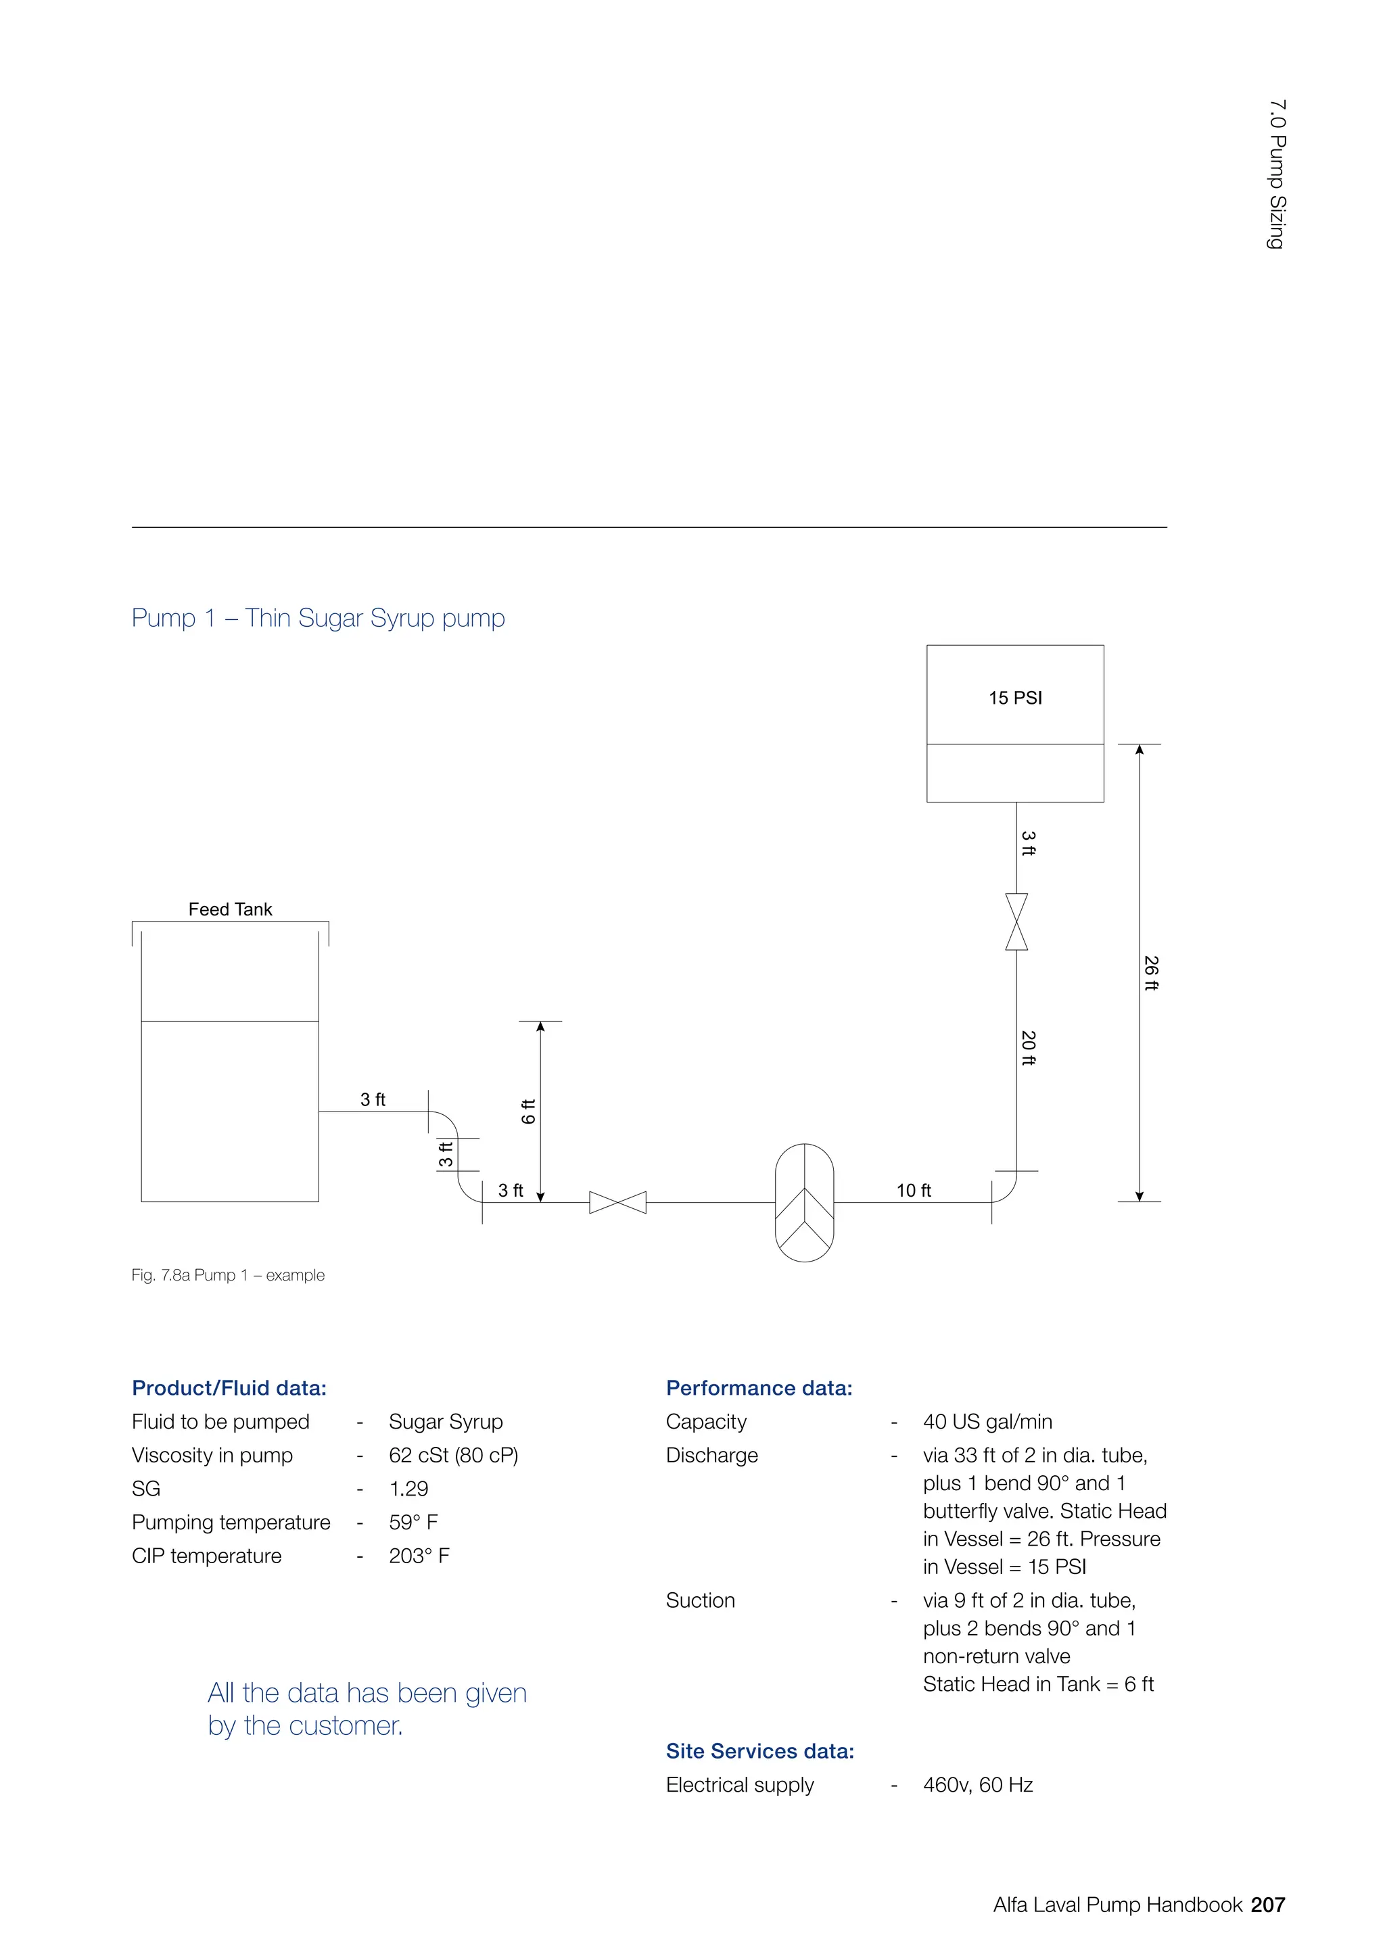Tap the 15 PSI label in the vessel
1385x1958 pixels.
click(x=1015, y=698)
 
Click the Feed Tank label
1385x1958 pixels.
click(x=230, y=909)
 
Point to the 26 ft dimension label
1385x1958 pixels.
click(x=1151, y=973)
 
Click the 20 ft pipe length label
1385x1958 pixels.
click(x=1029, y=1048)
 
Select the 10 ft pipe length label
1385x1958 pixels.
click(x=914, y=1191)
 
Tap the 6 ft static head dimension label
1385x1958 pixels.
click(x=529, y=1112)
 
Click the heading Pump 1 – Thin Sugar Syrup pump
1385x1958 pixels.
click(x=318, y=617)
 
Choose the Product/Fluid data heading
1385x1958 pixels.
click(x=229, y=1387)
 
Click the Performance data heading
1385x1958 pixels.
click(x=759, y=1387)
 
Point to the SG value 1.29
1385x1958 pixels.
click(x=408, y=1488)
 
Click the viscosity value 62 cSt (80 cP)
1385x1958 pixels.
click(x=454, y=1455)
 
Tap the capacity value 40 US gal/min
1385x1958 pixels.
click(x=987, y=1422)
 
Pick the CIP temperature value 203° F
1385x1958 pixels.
click(x=419, y=1556)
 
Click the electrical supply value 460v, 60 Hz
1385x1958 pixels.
click(x=977, y=1785)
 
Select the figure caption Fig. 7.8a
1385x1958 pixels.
click(x=228, y=1275)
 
